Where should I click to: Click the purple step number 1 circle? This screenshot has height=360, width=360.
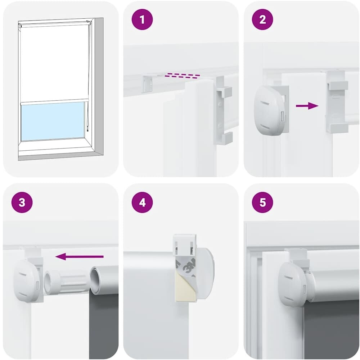pyautogui.click(x=142, y=19)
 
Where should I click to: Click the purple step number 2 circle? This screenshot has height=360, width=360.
pyautogui.click(x=262, y=19)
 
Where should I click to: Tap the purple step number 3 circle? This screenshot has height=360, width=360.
pyautogui.click(x=22, y=202)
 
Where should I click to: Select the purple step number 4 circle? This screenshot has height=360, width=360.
pyautogui.click(x=142, y=202)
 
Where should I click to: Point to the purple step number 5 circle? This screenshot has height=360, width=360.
pyautogui.click(x=262, y=202)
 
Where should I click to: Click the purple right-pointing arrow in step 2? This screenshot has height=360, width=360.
pyautogui.click(x=307, y=106)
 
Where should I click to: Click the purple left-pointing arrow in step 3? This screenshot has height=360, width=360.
pyautogui.click(x=80, y=256)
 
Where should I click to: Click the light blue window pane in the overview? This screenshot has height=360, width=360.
pyautogui.click(x=53, y=121)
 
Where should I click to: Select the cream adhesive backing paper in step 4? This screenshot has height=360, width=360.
pyautogui.click(x=183, y=288)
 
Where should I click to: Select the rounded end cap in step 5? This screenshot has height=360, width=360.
pyautogui.click(x=292, y=283)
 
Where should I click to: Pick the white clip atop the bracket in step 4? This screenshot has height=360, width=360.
pyautogui.click(x=185, y=245)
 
